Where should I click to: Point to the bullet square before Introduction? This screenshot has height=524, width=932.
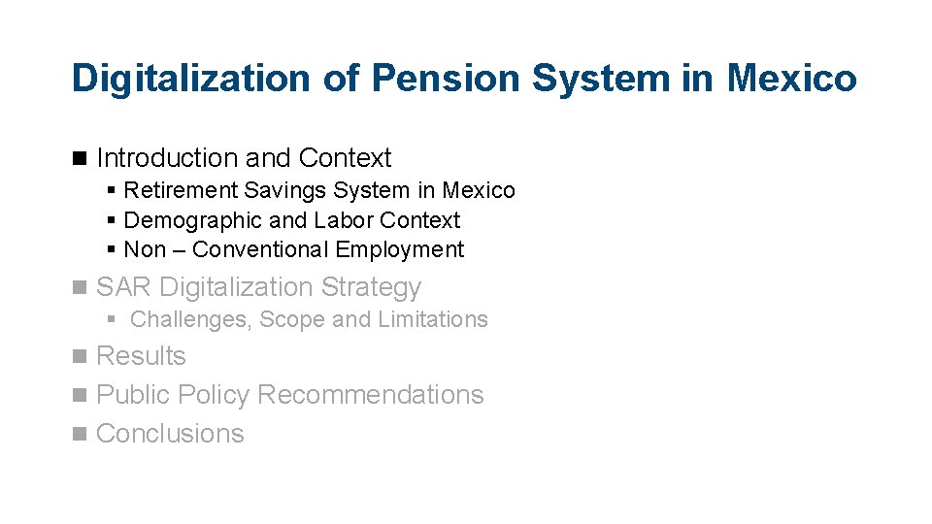(x=79, y=158)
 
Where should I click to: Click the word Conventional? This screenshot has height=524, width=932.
(x=260, y=249)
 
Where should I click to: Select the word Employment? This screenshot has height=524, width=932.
(x=400, y=249)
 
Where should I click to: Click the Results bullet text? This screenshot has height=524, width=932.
(x=141, y=356)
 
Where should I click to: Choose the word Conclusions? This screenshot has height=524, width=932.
(x=170, y=434)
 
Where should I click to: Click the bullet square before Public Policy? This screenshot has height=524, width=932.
(x=79, y=396)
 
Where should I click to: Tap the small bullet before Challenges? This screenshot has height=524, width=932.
(x=113, y=319)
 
